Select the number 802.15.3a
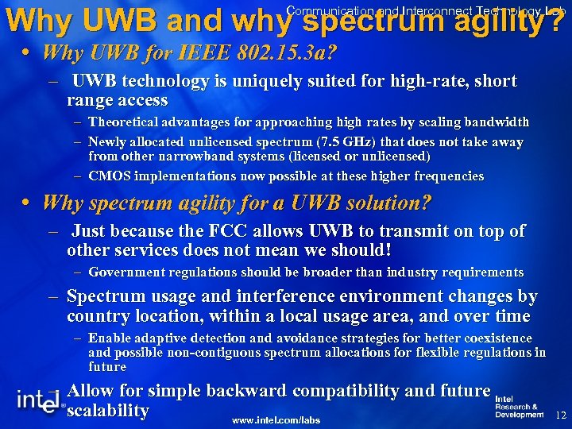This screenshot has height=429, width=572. [x=272, y=54]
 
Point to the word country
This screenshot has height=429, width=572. [x=96, y=315]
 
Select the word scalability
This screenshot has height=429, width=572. [x=108, y=411]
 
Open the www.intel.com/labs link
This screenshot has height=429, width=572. [x=276, y=418]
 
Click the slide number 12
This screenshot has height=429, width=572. [x=561, y=415]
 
